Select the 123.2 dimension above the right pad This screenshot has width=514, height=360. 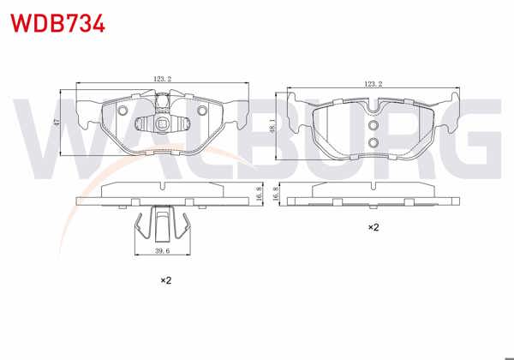(372, 84)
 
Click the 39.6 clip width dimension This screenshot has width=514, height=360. (161, 252)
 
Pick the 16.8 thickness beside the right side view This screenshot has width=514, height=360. (276, 196)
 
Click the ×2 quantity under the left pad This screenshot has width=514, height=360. (166, 280)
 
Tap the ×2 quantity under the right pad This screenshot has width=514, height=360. (374, 228)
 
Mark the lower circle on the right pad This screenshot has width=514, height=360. (373, 141)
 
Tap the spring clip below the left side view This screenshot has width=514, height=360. (161, 225)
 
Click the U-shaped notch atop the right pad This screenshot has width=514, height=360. (373, 106)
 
